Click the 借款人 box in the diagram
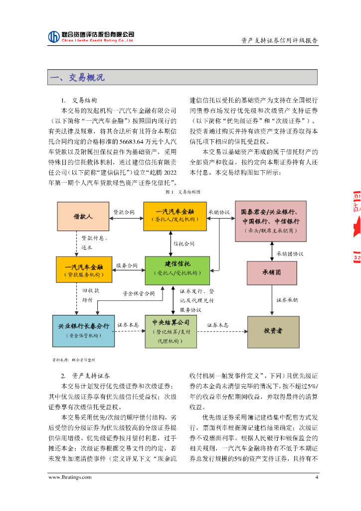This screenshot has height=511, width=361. [x=83, y=217]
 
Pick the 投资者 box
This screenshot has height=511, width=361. [x=273, y=330]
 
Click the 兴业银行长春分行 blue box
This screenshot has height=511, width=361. [x=83, y=330]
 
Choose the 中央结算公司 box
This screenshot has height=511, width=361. [x=171, y=331]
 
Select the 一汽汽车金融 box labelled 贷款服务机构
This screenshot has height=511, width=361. [x=83, y=270]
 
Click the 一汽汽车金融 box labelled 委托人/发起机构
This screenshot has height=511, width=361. [x=175, y=216]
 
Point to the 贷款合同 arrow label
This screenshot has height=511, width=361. [x=124, y=212]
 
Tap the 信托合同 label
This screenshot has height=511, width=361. [x=184, y=244]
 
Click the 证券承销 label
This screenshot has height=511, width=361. [x=287, y=300]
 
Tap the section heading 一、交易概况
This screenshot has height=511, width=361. [x=78, y=78]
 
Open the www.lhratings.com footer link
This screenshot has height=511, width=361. [x=70, y=477]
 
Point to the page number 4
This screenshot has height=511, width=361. [x=316, y=477]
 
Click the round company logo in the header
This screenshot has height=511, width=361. [x=54, y=36]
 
